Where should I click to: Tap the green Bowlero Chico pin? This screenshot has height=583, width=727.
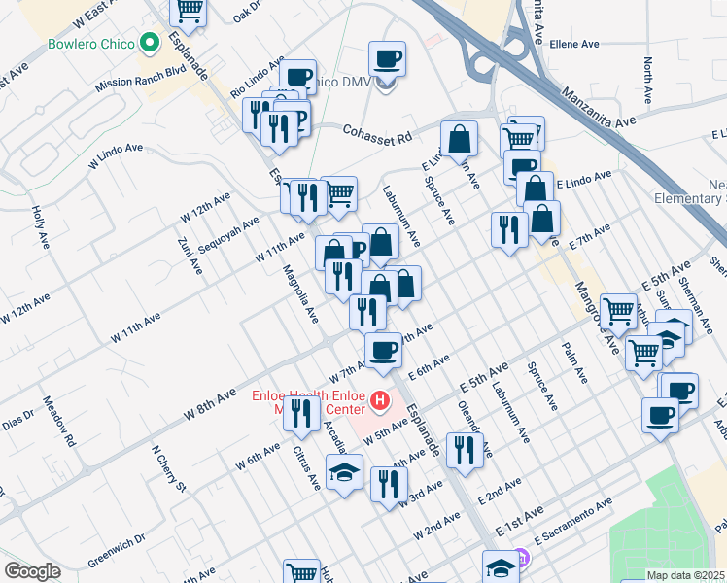[149, 43]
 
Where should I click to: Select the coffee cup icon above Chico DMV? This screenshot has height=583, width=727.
[387, 58]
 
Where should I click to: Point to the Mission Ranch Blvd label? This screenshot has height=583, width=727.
[140, 79]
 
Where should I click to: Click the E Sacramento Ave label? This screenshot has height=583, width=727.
[573, 515]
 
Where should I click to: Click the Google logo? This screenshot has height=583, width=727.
[32, 571]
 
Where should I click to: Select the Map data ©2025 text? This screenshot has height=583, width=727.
[684, 575]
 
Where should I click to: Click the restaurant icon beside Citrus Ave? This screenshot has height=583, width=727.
[305, 414]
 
